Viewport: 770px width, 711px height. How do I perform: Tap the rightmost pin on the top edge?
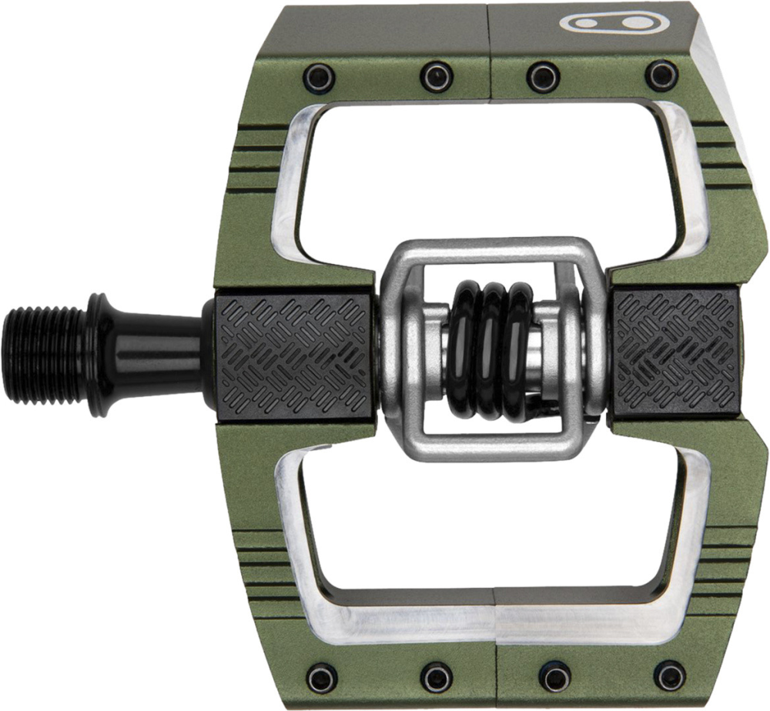(661, 75)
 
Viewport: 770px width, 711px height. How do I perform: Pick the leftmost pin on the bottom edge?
(320, 676)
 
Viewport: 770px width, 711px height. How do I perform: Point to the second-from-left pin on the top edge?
(436, 76)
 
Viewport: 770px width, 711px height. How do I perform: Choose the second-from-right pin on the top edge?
(543, 76)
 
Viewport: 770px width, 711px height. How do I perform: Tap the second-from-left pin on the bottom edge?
(436, 676)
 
